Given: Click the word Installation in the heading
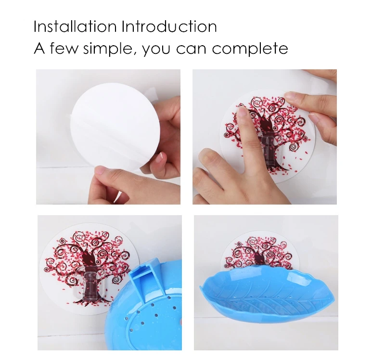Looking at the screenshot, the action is click(x=75, y=26).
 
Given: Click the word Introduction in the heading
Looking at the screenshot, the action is click(x=169, y=26).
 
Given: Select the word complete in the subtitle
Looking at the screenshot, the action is click(x=250, y=49).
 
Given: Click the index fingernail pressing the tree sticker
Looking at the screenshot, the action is click(x=242, y=112).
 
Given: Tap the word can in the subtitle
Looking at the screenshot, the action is click(x=191, y=49).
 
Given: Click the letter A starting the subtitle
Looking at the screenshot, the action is click(x=39, y=48).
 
